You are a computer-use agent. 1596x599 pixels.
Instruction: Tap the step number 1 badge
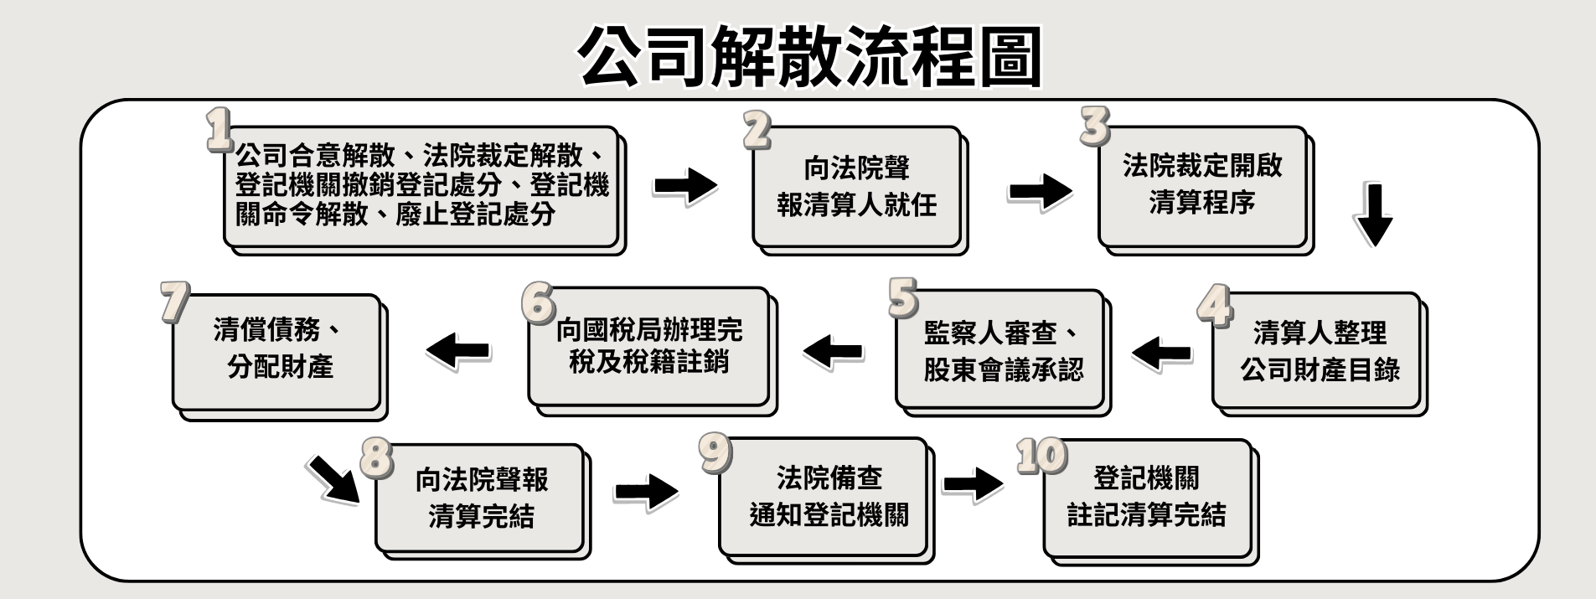[220, 130]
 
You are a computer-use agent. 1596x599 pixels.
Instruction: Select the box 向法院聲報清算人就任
[856, 187]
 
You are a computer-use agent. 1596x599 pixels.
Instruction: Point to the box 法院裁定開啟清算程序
[1202, 184]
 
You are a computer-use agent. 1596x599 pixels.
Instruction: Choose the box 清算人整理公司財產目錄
[1319, 351]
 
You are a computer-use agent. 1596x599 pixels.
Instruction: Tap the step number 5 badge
[903, 298]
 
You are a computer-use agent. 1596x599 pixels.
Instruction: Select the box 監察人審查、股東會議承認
[1002, 351]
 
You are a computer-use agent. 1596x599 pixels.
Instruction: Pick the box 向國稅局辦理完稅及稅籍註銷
[648, 347]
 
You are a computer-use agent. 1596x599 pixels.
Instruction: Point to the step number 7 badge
[174, 302]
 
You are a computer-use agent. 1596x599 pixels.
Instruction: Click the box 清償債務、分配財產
[277, 351]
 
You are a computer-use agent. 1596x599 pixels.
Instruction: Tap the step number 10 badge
[1041, 457]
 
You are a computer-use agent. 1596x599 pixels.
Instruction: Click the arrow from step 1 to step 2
[685, 185]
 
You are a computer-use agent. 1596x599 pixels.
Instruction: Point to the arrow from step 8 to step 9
[645, 490]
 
